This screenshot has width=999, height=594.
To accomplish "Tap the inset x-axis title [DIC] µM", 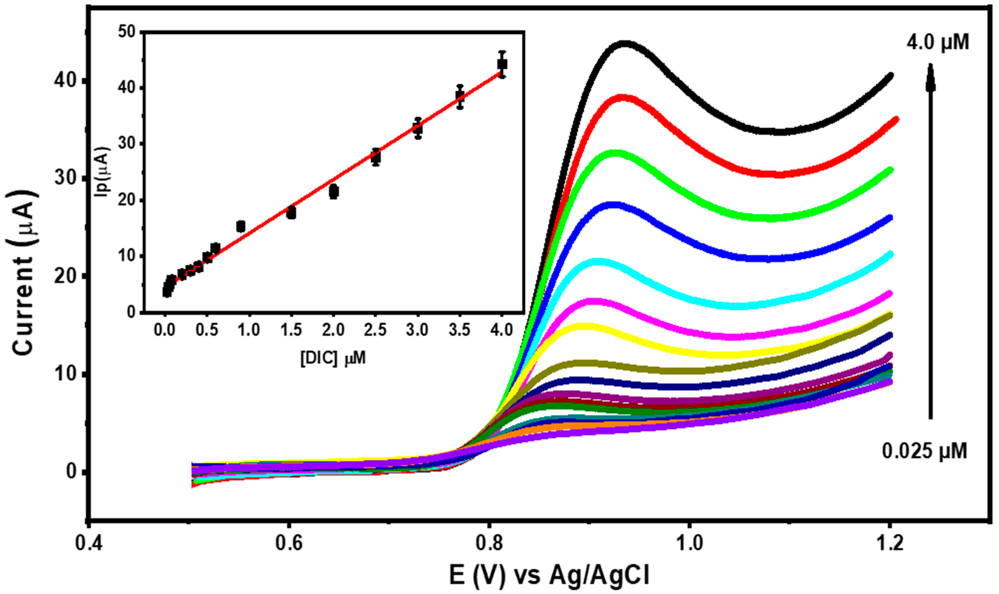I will point(333,358).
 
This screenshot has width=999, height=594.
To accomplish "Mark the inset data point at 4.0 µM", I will point(502,64).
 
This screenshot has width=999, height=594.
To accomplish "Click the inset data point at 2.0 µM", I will point(334,192).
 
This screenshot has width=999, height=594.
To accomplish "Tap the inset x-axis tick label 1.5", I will point(291,330).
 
